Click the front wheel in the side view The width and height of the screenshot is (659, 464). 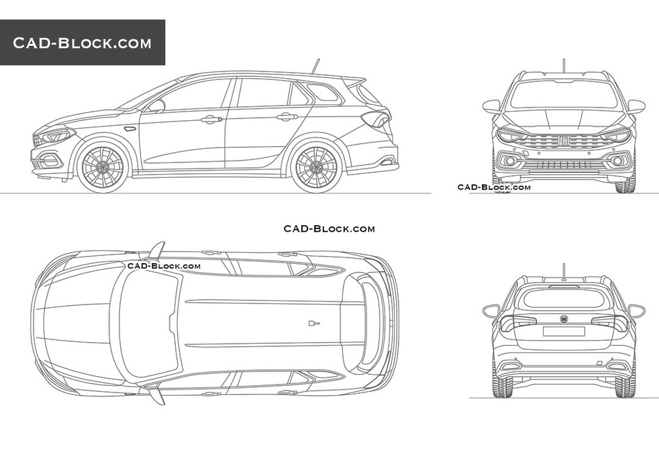102,167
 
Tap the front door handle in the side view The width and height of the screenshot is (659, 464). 211,120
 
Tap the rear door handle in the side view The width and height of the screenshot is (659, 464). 287,117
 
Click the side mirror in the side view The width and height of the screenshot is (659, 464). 155,106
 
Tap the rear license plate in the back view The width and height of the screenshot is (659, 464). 564,331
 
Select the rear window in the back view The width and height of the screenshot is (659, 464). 564,298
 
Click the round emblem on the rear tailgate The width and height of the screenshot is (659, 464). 564,318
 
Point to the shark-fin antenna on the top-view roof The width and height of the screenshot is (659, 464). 314,324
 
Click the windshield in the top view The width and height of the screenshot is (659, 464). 150,324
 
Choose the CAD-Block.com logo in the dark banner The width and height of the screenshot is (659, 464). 82,43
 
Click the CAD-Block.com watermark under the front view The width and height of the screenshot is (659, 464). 494,187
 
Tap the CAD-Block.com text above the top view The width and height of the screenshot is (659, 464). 329,228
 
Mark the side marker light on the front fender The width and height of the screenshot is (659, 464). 130,128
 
